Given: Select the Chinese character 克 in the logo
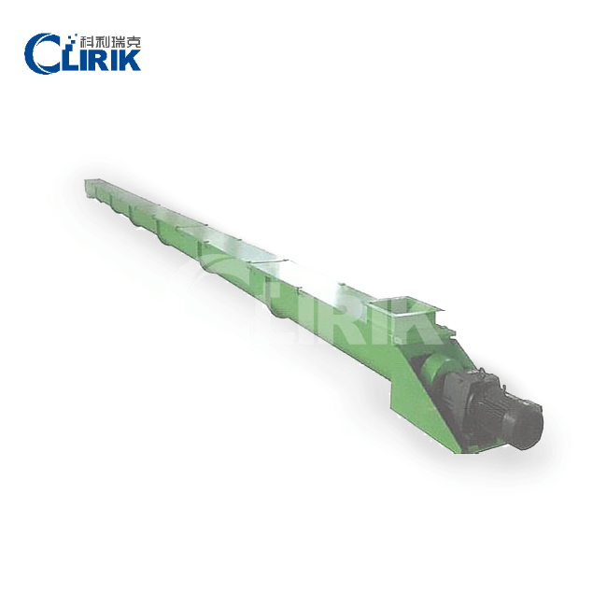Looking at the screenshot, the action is [x=134, y=42].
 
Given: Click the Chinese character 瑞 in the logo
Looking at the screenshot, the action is [x=118, y=42].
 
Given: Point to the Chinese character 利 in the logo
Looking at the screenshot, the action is [x=102, y=42].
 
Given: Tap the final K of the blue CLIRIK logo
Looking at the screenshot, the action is [x=129, y=60].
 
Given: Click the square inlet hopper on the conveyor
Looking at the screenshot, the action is [x=405, y=312].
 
